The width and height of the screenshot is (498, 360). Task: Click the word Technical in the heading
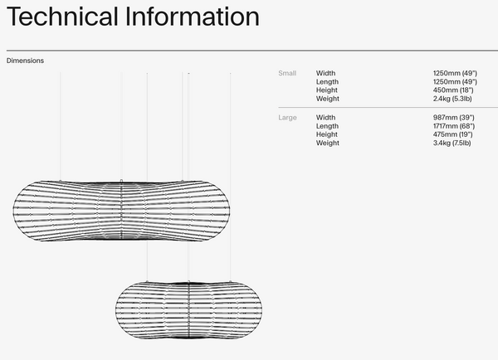(x=62, y=17)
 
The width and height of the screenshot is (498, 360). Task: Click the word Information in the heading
(x=193, y=17)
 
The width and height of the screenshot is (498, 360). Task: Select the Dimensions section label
(x=25, y=61)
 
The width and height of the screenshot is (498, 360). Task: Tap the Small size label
(x=287, y=73)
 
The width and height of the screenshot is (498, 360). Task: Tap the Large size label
(x=287, y=118)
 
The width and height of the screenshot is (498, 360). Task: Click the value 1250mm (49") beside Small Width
(x=455, y=73)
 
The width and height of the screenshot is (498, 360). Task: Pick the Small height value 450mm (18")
(x=453, y=90)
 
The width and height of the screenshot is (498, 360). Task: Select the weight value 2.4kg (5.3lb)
(x=452, y=99)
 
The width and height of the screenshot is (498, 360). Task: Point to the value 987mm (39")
(x=453, y=118)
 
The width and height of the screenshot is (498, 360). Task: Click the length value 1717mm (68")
(x=454, y=126)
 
